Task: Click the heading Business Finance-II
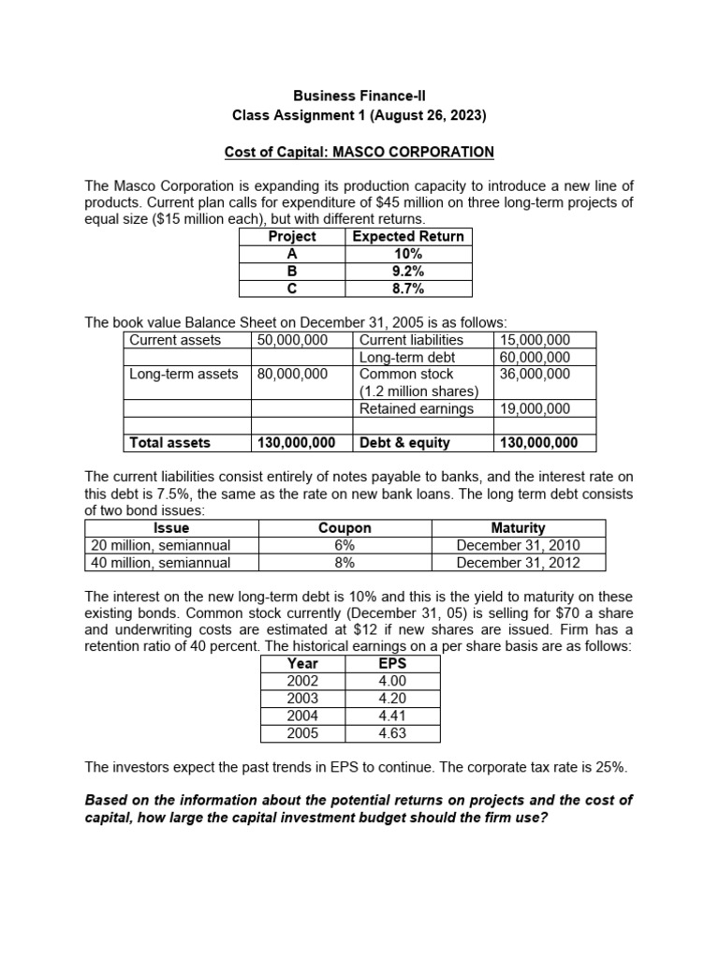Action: tap(359, 96)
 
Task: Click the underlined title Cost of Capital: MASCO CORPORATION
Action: tap(359, 152)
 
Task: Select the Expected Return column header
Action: tap(407, 237)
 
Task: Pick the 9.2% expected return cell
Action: tap(407, 272)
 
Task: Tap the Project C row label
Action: tap(291, 289)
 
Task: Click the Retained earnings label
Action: tap(417, 408)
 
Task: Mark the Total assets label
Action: tap(169, 443)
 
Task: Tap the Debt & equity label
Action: tap(404, 443)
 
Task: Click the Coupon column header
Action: tap(345, 528)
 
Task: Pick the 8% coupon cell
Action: tap(345, 563)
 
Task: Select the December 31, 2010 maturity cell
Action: tap(518, 545)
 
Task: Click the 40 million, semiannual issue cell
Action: tap(160, 563)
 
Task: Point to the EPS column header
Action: tap(394, 664)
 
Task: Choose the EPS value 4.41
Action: tap(394, 716)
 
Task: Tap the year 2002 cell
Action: tap(303, 682)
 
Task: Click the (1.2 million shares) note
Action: tap(419, 391)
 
